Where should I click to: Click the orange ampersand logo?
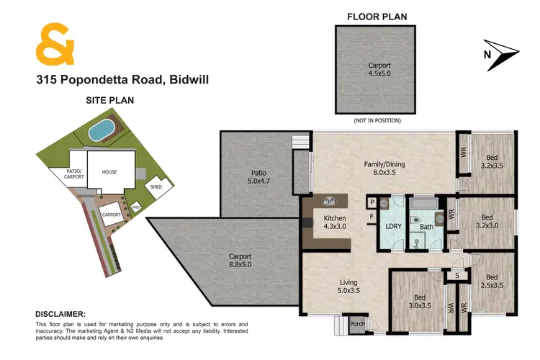click(55, 44)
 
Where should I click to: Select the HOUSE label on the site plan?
click(109, 172)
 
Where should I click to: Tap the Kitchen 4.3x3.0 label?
click(334, 222)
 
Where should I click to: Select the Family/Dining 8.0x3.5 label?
click(384, 168)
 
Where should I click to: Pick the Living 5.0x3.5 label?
click(348, 287)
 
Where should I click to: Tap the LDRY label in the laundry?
click(393, 226)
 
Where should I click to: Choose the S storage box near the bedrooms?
click(456, 274)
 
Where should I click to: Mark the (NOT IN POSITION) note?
click(377, 120)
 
